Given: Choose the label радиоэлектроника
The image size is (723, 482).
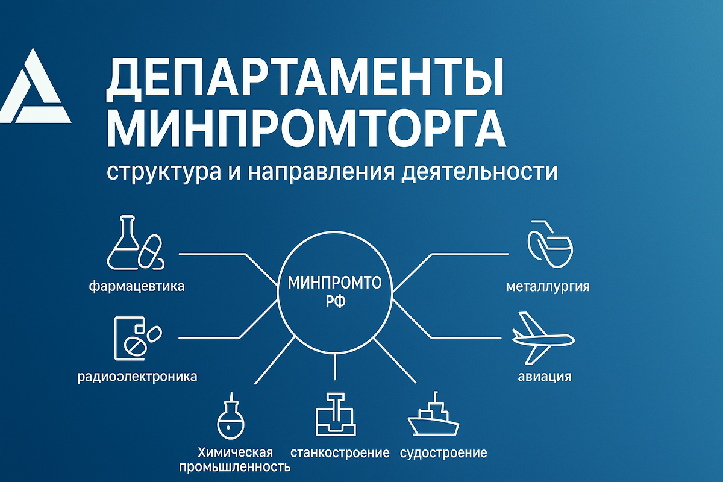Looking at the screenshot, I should [138, 378].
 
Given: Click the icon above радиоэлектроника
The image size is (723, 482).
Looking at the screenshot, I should [137, 337].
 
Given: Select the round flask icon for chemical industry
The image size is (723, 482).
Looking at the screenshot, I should [232, 419].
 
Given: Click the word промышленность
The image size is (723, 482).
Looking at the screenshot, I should [234, 467].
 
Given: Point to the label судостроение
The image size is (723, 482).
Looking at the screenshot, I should [443, 452].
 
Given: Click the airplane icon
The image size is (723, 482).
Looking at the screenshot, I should [540, 337].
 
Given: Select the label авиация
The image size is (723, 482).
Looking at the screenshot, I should [545, 378].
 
